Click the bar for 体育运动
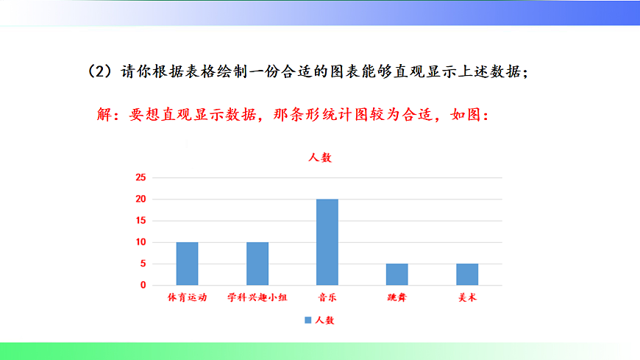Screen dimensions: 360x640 [187, 264]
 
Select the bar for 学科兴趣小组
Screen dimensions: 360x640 [257, 264]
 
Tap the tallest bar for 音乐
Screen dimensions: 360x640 [327, 242]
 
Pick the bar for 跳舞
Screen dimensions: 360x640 [397, 275]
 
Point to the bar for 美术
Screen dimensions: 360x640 [467, 275]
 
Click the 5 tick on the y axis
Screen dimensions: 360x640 [143, 264]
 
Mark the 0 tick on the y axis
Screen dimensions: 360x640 [143, 285]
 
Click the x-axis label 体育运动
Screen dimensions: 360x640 [187, 298]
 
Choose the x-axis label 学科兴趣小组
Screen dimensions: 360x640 [257, 298]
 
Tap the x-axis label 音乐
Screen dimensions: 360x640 [327, 298]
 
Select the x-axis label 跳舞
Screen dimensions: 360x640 [397, 298]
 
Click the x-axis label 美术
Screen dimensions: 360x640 [467, 298]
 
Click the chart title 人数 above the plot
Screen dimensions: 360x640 [320, 158]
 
